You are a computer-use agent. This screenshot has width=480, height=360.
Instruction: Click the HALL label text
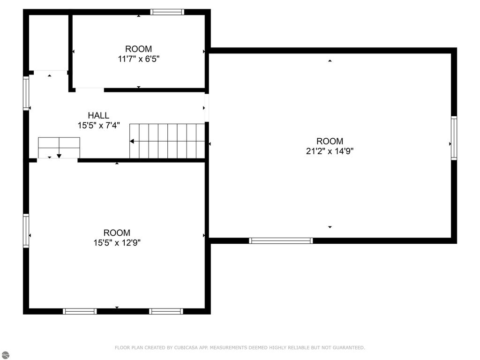98,115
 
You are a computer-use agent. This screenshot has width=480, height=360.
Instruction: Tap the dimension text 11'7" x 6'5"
138,59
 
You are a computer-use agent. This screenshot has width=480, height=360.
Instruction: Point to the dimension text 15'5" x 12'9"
117,243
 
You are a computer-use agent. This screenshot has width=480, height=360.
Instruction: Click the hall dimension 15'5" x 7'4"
98,125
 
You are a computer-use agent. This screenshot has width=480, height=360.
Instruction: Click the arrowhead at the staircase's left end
132,141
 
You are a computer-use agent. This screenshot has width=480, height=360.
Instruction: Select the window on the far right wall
453,138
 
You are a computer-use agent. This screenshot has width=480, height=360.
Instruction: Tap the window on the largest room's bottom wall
281,240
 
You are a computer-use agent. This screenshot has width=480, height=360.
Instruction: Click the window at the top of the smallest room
167,12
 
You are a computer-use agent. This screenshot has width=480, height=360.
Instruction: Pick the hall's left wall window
26,93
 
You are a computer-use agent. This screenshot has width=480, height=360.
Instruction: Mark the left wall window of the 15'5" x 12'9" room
26,230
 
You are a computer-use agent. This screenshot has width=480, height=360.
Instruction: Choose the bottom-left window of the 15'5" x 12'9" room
80,311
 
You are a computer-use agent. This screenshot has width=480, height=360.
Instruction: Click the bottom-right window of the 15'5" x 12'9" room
166,311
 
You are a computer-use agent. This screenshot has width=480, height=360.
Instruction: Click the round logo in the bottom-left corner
4,355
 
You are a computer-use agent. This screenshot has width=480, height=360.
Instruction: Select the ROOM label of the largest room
330,141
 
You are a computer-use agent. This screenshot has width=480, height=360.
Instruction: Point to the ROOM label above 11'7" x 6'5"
138,49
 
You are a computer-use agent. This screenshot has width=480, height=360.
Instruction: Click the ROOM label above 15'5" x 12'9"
117,232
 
